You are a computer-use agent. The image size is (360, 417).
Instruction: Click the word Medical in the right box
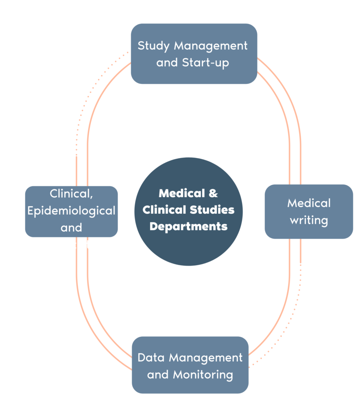[309, 203]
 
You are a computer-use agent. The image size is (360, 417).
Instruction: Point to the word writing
[309, 220]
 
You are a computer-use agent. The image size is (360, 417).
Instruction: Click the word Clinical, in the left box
[71, 194]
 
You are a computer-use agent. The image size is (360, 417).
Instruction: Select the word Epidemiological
[71, 211]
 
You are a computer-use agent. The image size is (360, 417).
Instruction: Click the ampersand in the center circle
[213, 193]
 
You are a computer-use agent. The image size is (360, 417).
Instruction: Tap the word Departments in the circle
[188, 226]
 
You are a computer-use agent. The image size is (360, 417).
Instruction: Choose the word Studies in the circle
[212, 210]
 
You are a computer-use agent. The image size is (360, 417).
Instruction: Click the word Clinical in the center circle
[164, 210]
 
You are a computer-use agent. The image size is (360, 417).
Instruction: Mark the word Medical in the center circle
[181, 193]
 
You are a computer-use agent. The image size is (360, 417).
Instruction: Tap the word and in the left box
[71, 228]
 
